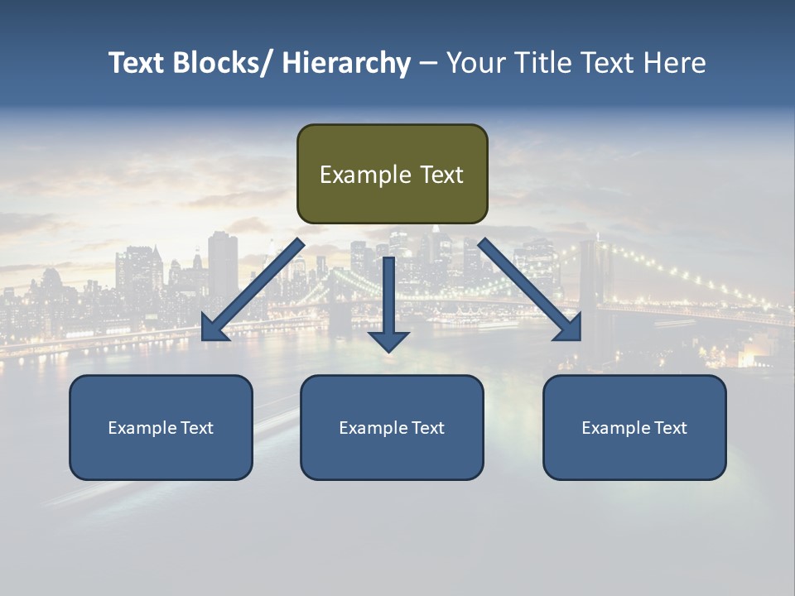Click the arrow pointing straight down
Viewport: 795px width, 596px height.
(x=388, y=302)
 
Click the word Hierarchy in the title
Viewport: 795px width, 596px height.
(x=346, y=63)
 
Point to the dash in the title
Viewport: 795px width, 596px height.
(x=428, y=64)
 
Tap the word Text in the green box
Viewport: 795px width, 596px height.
(x=441, y=175)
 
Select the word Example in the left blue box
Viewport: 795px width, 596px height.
(x=142, y=428)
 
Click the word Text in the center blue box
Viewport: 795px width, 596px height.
(x=425, y=428)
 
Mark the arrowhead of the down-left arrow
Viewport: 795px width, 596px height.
(x=214, y=329)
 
